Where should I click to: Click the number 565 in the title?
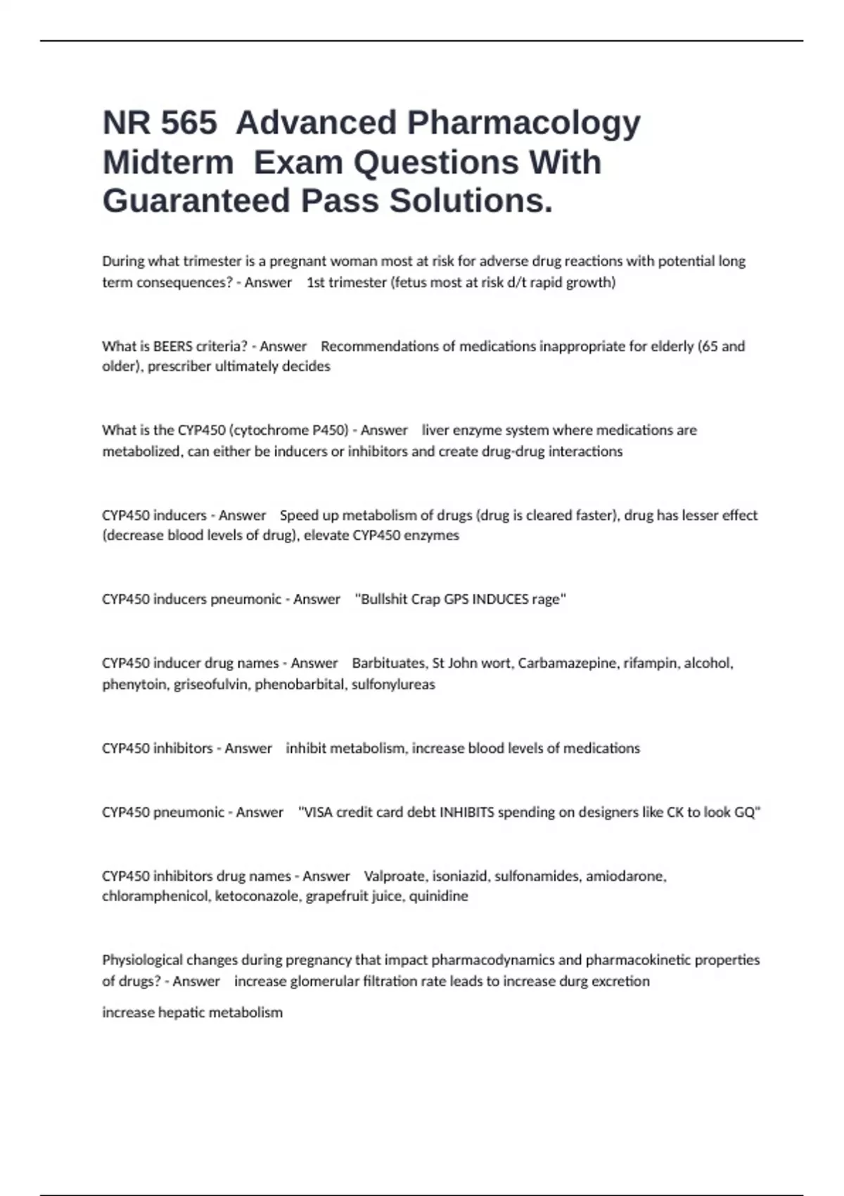189,123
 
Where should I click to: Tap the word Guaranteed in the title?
196,201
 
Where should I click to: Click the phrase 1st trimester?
347,282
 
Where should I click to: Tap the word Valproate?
395,876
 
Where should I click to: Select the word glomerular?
324,981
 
